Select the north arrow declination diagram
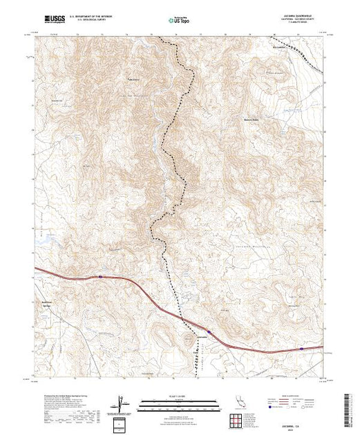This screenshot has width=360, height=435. [x=123, y=403]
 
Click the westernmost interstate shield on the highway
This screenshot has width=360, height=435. [x=101, y=277]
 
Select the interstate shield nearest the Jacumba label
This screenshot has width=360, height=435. [x=209, y=331]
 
